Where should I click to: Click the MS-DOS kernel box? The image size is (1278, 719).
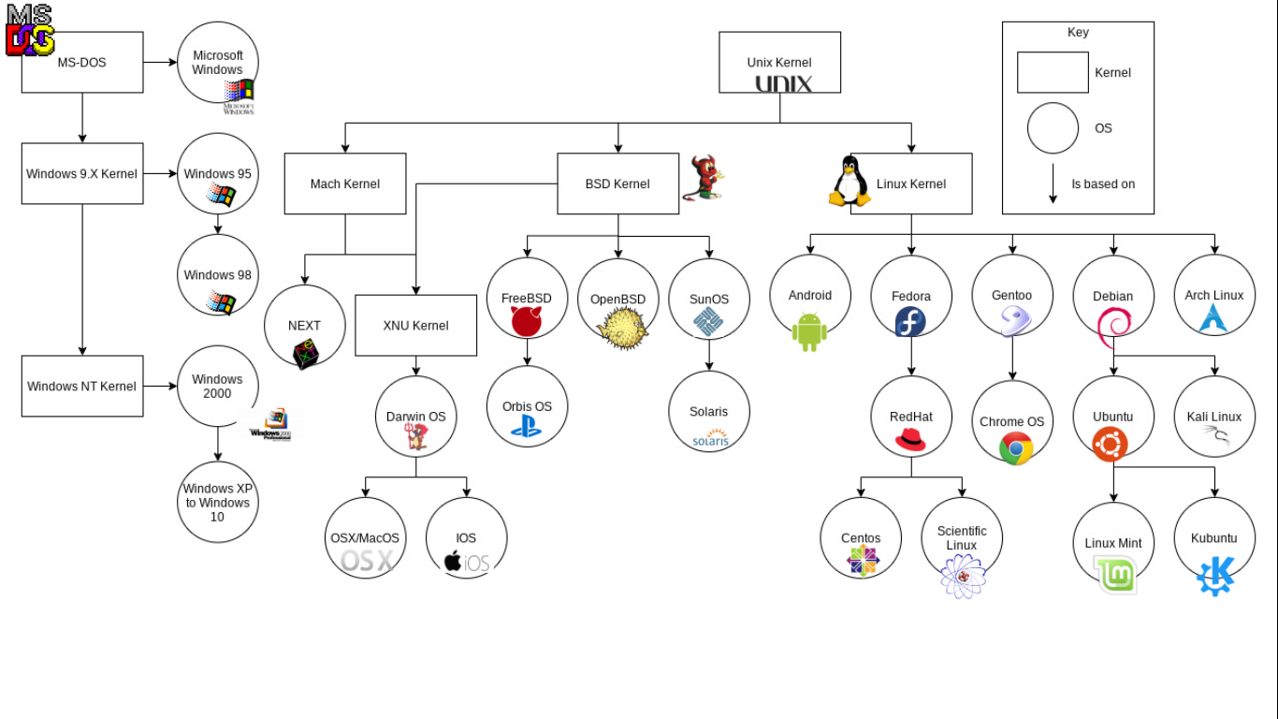pos(82,63)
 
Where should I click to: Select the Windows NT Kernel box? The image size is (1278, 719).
pos(82,386)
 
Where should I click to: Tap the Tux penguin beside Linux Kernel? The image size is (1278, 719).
pos(850,181)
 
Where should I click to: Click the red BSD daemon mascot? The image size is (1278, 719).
pos(706,178)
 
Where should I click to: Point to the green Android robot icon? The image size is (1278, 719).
pos(809,330)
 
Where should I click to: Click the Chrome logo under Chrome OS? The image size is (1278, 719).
pos(1016,448)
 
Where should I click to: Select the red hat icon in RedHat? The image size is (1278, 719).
pos(910,439)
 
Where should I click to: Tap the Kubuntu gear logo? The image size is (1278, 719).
pos(1215,575)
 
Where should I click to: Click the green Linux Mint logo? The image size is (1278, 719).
pos(1116,574)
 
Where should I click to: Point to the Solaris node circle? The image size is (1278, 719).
pos(709,411)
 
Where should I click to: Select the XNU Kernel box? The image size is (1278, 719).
pos(416,325)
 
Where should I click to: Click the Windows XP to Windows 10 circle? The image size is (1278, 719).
pos(217,502)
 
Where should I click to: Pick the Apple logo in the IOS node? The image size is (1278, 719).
pos(453,561)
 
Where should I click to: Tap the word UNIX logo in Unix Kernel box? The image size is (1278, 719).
pos(783,83)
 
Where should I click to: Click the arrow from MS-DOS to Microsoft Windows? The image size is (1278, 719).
pos(160,63)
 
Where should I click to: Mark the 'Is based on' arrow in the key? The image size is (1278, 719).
pos(1053,183)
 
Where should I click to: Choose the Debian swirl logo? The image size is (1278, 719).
pos(1113,324)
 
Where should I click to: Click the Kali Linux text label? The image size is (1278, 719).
pos(1214,417)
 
